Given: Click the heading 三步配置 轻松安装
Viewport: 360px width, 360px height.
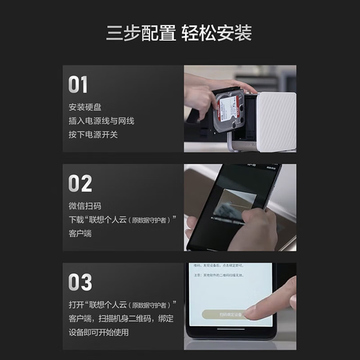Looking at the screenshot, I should pyautogui.click(x=179, y=33).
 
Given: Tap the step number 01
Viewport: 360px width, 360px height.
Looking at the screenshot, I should pyautogui.click(x=78, y=85).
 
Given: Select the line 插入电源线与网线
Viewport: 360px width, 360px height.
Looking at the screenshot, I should pyautogui.click(x=101, y=121).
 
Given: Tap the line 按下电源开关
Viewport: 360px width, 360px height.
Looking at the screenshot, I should pyautogui.click(x=93, y=134).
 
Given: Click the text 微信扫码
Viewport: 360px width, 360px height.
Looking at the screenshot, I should pyautogui.click(x=85, y=206).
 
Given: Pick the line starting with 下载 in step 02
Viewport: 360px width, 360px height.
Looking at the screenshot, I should pyautogui.click(x=123, y=219).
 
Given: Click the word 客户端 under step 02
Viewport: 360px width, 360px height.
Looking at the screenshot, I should pyautogui.click(x=81, y=233).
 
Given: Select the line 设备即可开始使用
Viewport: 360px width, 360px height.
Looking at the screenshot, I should pyautogui.click(x=99, y=332).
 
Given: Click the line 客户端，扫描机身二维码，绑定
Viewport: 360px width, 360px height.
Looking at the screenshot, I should pyautogui.click(x=121, y=318).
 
